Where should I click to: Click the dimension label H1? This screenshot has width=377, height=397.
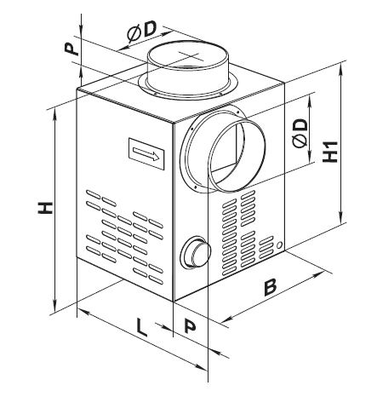click(x=330, y=152)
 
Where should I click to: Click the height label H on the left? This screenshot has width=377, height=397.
click(x=45, y=208)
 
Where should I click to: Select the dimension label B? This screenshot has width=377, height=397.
click(x=270, y=287)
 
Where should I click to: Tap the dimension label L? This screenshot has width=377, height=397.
click(x=141, y=327)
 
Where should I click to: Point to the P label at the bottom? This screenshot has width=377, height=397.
click(x=190, y=325)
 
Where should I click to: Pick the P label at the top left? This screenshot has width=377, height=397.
click(x=71, y=49)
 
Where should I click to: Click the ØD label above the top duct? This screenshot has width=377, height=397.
click(x=141, y=32)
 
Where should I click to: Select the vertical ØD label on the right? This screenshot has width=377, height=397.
click(x=300, y=133)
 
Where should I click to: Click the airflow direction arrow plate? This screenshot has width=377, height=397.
click(x=146, y=153)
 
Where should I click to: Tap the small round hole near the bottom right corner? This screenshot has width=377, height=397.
click(x=279, y=245)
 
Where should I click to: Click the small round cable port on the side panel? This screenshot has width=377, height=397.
click(x=196, y=252)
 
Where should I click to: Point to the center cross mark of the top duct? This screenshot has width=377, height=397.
click(x=189, y=55)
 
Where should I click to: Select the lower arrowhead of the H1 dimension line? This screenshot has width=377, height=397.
click(x=341, y=219)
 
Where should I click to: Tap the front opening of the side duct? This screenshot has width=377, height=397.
click(x=237, y=155)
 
